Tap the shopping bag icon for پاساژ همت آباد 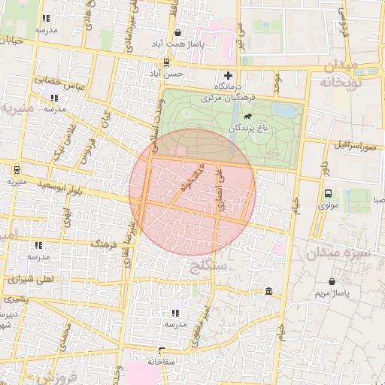pyautogui.click(x=177, y=33)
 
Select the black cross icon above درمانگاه pyautogui.click(x=228, y=77)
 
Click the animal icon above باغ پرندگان pyautogui.click(x=247, y=118)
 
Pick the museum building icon pyautogui.click(x=268, y=291)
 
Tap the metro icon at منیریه pyautogui.click(x=17, y=169)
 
